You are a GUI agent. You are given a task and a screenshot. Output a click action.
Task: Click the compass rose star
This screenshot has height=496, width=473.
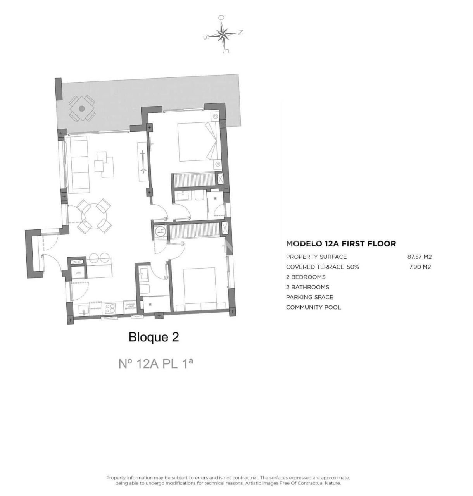coord(223,34)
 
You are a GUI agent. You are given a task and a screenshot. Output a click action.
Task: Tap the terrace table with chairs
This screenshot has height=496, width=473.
coord(82,108)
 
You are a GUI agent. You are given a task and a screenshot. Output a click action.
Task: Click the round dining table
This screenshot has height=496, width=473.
coord(93,215)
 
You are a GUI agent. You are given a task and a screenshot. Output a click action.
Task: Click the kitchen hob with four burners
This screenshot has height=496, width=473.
coord(110,308)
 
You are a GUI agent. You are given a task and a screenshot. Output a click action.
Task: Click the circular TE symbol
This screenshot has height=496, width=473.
coord(161,232)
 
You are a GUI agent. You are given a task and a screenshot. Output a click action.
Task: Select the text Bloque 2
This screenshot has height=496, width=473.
coord(154,337)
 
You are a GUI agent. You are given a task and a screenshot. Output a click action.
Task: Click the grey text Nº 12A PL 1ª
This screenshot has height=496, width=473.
coord(155,364)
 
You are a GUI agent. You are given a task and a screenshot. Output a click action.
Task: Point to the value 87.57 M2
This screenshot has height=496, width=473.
coord(419,257)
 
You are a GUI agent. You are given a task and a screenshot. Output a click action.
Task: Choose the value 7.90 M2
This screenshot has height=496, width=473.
coord(420,267)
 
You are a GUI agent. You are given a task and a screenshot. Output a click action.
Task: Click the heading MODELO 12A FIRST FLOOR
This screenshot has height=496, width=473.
coord(341,244)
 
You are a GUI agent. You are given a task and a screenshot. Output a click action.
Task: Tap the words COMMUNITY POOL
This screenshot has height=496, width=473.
coord(313,307)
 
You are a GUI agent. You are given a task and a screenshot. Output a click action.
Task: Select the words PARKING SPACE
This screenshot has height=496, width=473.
coord(309,297)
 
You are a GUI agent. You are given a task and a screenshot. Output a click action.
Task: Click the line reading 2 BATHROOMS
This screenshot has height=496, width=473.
coord(307,287)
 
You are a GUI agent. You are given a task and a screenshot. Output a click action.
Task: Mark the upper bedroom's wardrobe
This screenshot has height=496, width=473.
coord(194,181)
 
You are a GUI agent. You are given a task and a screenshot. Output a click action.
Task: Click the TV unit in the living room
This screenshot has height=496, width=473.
coord(143,161)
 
